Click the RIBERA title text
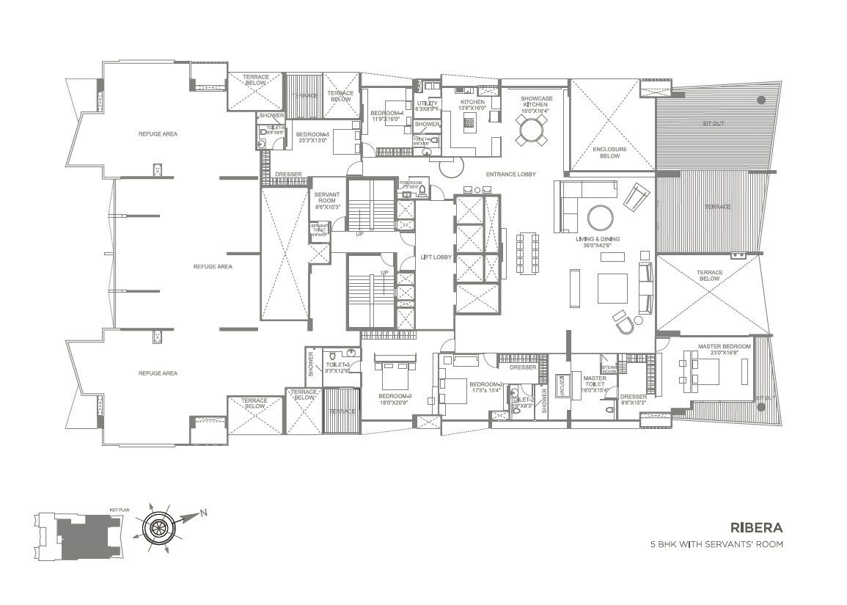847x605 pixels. (x=757, y=527)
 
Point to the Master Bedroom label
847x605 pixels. (x=725, y=349)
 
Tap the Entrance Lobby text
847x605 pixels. (x=510, y=175)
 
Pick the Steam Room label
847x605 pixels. (x=609, y=369)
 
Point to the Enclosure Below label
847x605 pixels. (x=609, y=153)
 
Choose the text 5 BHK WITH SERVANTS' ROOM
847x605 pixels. (x=717, y=545)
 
